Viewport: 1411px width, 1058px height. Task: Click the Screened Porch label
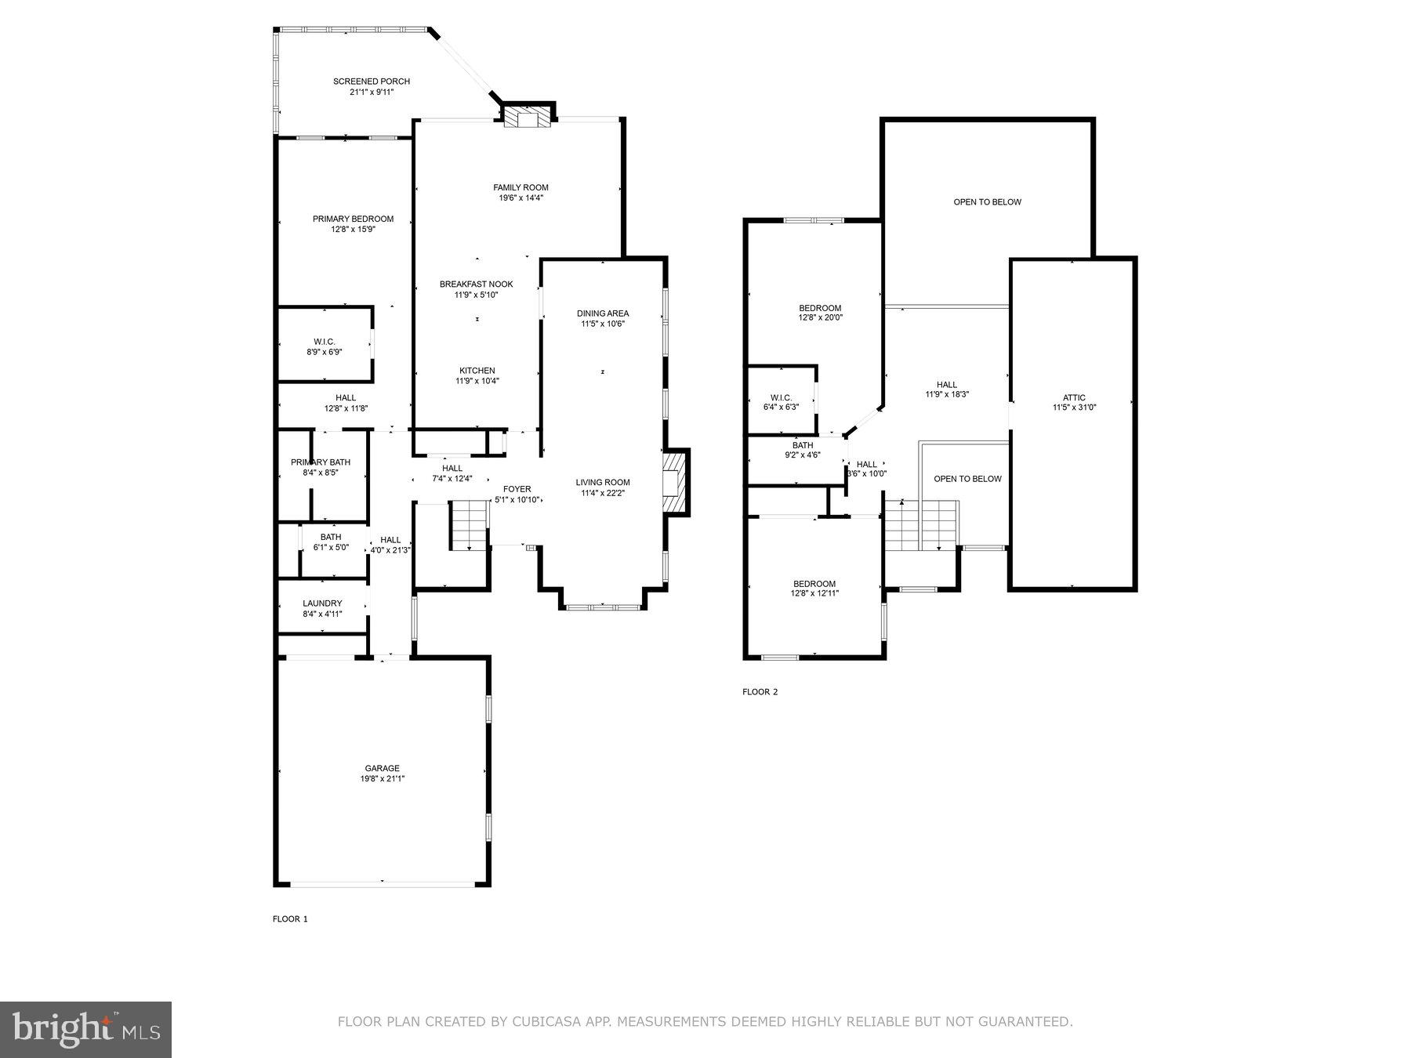(372, 82)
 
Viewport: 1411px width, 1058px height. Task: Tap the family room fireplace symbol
(527, 118)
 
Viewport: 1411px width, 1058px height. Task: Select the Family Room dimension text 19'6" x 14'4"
(521, 198)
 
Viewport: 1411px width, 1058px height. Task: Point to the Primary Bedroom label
(353, 219)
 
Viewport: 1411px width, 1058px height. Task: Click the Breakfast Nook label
(476, 284)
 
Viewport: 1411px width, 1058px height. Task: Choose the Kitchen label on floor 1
(477, 371)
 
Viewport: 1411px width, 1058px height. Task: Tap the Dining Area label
(602, 313)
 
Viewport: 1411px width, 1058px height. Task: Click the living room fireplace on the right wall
(674, 482)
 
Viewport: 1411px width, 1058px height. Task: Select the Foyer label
(517, 489)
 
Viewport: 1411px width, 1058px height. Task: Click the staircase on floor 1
(469, 525)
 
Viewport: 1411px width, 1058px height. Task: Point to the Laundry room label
(322, 603)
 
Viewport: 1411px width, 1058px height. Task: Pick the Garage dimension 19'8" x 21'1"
(382, 779)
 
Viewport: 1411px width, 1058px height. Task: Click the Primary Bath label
(321, 462)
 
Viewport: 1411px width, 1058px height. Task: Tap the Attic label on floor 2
(1074, 397)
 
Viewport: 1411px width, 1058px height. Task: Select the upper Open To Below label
(987, 202)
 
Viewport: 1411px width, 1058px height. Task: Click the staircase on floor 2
(921, 525)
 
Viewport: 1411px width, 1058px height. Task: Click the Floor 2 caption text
(760, 692)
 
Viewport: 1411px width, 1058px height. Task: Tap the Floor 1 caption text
(290, 919)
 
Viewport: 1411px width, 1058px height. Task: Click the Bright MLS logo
(85, 1029)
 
